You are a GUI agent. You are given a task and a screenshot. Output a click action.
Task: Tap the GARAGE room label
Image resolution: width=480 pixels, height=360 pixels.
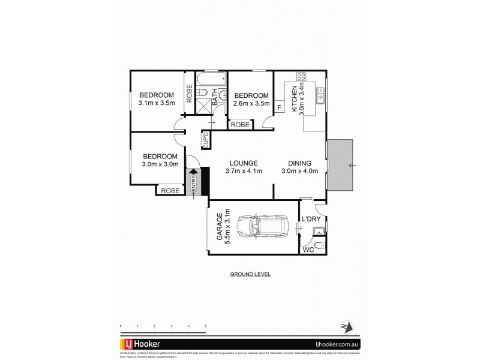pyautogui.click(x=220, y=227)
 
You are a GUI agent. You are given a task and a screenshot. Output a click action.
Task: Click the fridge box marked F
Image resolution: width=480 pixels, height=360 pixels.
pyautogui.click(x=280, y=107)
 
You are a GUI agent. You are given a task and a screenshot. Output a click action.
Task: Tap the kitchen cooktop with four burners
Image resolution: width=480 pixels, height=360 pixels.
pyautogui.click(x=301, y=77)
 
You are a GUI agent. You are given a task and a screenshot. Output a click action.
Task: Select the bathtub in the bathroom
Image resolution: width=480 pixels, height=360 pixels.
pyautogui.click(x=211, y=78)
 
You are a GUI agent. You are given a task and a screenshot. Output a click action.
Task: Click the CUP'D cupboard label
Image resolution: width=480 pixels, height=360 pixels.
pyautogui.click(x=205, y=139)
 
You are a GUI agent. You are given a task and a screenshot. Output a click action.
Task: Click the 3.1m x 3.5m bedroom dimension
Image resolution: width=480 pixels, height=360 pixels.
pyautogui.click(x=157, y=103)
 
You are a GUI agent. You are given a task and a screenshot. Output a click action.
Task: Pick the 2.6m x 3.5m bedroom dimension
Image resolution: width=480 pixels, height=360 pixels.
pyautogui.click(x=251, y=103)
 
